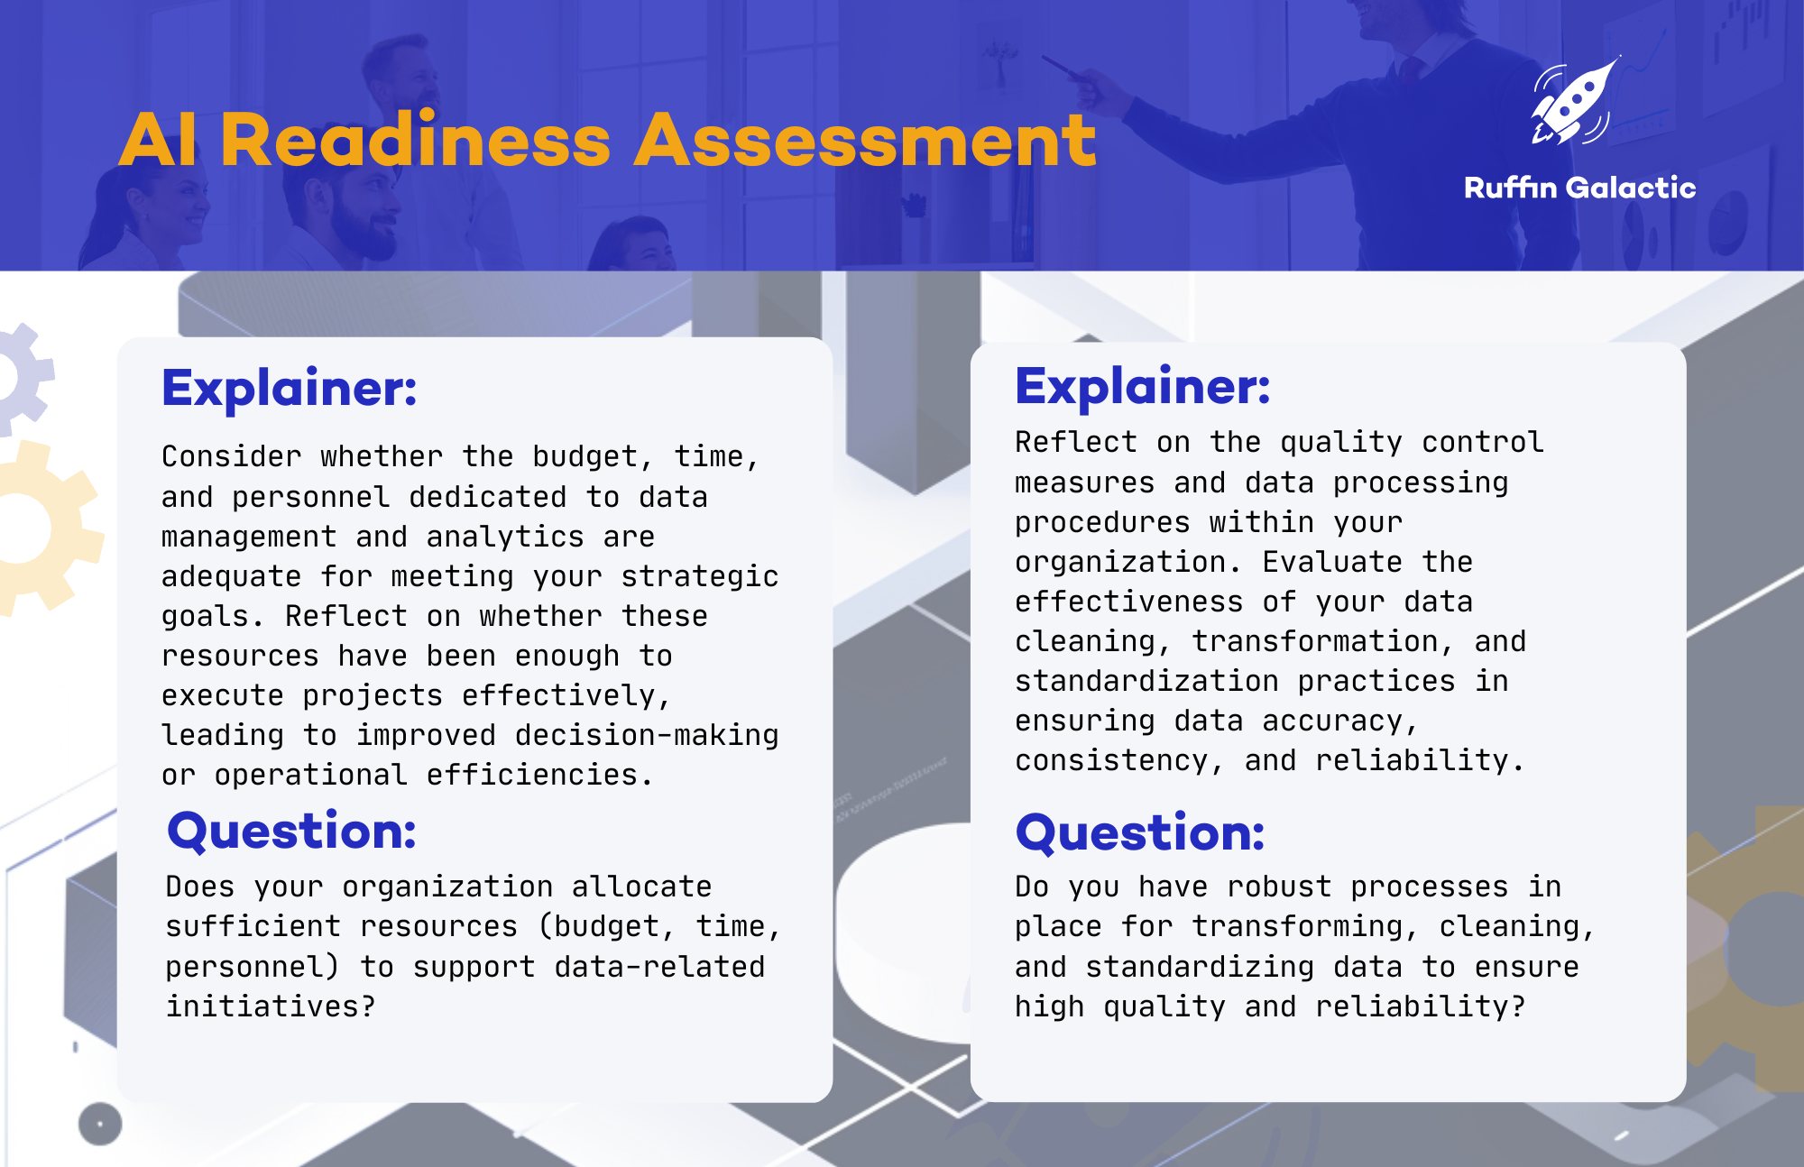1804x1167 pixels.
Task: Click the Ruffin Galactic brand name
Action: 1579,188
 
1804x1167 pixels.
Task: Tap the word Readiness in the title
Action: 415,141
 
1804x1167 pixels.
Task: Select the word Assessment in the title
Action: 864,141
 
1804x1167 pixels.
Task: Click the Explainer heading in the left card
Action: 290,389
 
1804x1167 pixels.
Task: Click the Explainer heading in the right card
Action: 1142,387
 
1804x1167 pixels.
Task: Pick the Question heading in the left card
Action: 291,831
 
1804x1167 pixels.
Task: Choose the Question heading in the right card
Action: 1139,832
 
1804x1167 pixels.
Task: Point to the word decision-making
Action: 646,735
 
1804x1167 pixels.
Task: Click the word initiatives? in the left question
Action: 270,1006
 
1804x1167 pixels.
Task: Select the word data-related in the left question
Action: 659,967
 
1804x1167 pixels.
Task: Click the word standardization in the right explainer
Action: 1146,681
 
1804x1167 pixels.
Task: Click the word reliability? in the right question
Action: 1420,1006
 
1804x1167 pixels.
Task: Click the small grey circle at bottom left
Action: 100,1124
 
